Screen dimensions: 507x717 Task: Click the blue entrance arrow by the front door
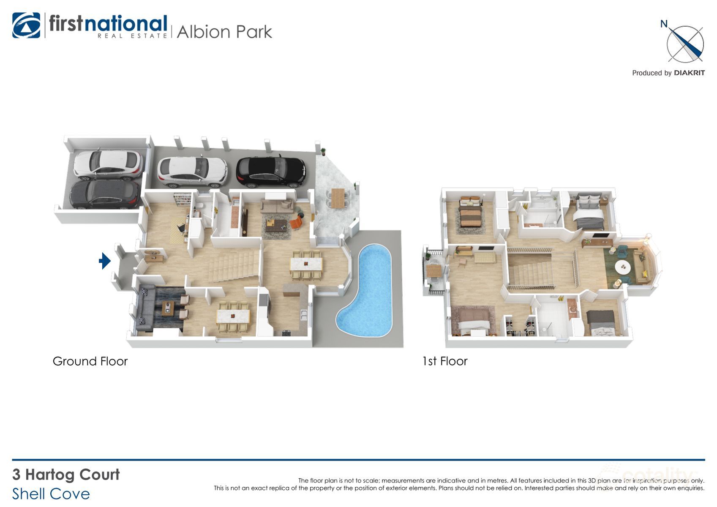tap(104, 261)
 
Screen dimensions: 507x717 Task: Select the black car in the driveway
tap(270, 172)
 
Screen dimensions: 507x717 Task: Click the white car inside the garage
tap(108, 164)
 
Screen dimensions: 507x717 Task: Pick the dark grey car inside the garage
tap(104, 194)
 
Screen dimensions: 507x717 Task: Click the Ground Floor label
tap(90, 361)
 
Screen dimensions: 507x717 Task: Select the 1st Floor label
tap(444, 361)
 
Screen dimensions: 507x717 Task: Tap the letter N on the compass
tap(664, 24)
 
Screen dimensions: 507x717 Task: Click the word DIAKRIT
tap(689, 73)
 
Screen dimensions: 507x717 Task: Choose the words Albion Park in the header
tap(224, 32)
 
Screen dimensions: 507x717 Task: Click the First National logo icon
tap(26, 25)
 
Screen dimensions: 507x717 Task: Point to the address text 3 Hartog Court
tap(66, 474)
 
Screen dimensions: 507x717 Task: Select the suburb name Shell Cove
tap(51, 494)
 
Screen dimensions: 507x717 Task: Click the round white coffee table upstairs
tap(624, 267)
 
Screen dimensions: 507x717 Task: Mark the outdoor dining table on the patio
tap(338, 198)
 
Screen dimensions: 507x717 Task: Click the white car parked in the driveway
tap(192, 172)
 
